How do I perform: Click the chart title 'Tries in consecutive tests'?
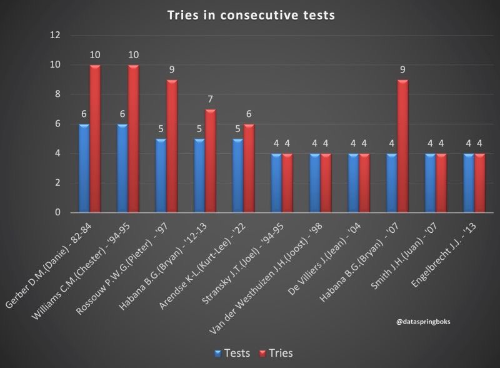pyautogui.click(x=250, y=15)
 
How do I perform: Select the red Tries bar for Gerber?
pyautogui.click(x=95, y=139)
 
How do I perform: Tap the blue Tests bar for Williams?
pyautogui.click(x=122, y=168)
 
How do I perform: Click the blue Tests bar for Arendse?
pyautogui.click(x=238, y=176)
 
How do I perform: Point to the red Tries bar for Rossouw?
pyautogui.click(x=172, y=146)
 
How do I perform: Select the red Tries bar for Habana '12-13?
pyautogui.click(x=211, y=161)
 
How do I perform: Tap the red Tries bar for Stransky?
pyautogui.click(x=288, y=183)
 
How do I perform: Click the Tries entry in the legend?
pyautogui.click(x=276, y=353)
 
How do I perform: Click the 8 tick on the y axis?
pyautogui.click(x=56, y=94)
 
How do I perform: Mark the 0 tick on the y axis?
pyautogui.click(x=56, y=213)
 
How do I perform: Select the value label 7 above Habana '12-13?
pyautogui.click(x=211, y=100)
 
